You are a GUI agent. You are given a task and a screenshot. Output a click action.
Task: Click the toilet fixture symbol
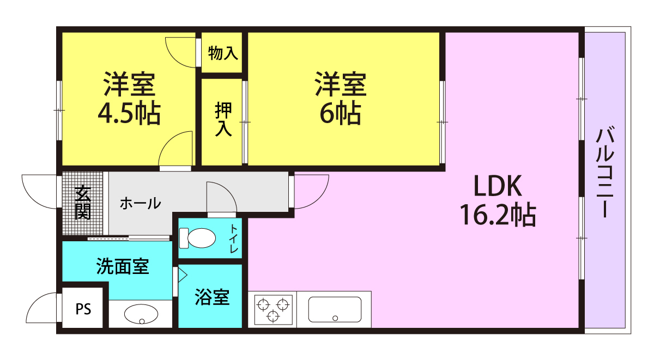pos(197,238)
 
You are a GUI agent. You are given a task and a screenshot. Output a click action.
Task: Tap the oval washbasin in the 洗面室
pos(141,314)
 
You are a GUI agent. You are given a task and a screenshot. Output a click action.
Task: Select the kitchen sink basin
pos(335,309)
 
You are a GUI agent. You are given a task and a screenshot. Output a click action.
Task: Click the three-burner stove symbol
pos(273,310)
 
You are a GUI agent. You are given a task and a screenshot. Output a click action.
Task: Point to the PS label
pos(83,309)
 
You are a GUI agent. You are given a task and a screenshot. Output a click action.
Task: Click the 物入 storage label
pos(223,53)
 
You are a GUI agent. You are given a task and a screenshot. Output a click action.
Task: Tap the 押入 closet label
pos(223,119)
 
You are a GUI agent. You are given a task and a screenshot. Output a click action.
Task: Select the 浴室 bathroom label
pos(212,297)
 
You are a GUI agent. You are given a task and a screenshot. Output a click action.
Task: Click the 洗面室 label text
pos(123,266)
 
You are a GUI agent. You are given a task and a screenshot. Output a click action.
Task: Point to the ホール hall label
pos(140,203)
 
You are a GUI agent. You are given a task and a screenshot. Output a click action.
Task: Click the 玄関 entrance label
pos(83,202)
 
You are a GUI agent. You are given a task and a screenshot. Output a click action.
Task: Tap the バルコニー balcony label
pos(605,172)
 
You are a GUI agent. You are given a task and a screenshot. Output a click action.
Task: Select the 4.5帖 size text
pos(129,113)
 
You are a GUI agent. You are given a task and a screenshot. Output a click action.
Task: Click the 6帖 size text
pos(341,113)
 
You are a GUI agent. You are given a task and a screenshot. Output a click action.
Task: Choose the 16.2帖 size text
pos(498,215)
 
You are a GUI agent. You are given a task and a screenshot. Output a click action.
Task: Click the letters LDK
pos(498,186)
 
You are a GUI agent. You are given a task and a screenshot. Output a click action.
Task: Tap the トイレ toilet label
pos(234,239)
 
